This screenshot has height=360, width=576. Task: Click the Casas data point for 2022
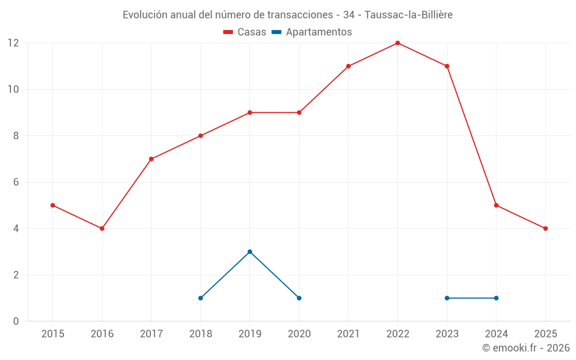pyautogui.click(x=397, y=43)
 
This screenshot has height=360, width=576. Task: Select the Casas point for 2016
pyautogui.click(x=102, y=228)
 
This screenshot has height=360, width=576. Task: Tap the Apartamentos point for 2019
pyautogui.click(x=250, y=252)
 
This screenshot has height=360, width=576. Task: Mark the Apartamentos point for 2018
pyautogui.click(x=200, y=298)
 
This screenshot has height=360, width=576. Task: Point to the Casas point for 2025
pyautogui.click(x=545, y=228)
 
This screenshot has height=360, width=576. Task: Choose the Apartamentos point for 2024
pyautogui.click(x=496, y=298)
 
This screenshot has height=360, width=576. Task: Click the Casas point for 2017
pyautogui.click(x=151, y=159)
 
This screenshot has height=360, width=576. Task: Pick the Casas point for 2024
pyautogui.click(x=496, y=205)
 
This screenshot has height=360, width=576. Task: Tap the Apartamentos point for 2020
pyautogui.click(x=299, y=298)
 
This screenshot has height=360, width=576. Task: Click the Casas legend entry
pyautogui.click(x=245, y=32)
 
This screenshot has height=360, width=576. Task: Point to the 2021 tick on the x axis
pyautogui.click(x=348, y=334)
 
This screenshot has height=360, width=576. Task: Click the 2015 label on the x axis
pyautogui.click(x=53, y=334)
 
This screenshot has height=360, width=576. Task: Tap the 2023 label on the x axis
pyautogui.click(x=447, y=334)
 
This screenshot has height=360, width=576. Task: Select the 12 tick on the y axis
pyautogui.click(x=13, y=43)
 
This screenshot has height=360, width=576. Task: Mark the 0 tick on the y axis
pyautogui.click(x=16, y=321)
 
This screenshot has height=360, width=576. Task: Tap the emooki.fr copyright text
pyautogui.click(x=526, y=348)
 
